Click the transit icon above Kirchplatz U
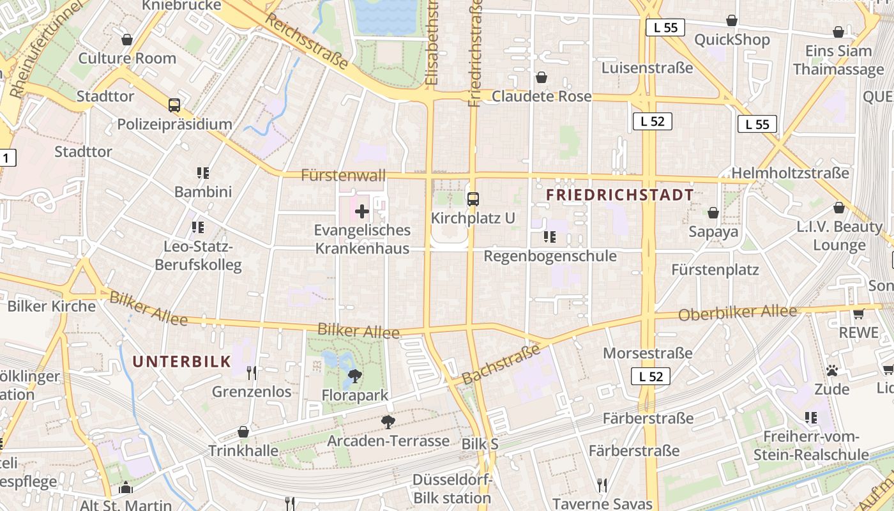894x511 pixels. tap(473, 199)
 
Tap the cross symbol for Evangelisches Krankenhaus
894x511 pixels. tap(362, 211)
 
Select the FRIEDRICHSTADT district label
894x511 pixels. tap(619, 195)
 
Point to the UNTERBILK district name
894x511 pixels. tap(181, 362)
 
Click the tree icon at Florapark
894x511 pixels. tap(355, 376)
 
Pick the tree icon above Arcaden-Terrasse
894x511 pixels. tap(388, 422)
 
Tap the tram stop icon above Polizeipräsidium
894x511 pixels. tap(174, 105)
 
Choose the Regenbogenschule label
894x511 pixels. tap(550, 256)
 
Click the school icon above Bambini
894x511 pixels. tap(203, 172)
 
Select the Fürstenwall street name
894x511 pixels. tap(344, 175)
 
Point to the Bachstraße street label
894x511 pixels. tap(501, 365)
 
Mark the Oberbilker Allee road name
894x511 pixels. tap(738, 313)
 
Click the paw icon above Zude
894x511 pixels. tap(831, 370)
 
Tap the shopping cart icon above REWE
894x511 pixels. tap(858, 314)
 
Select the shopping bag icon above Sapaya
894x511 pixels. tap(713, 213)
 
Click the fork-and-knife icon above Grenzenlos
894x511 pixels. tap(252, 372)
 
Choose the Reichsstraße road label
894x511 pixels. tap(307, 42)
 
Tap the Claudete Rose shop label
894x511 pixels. tap(542, 96)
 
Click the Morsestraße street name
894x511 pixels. tap(648, 353)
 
